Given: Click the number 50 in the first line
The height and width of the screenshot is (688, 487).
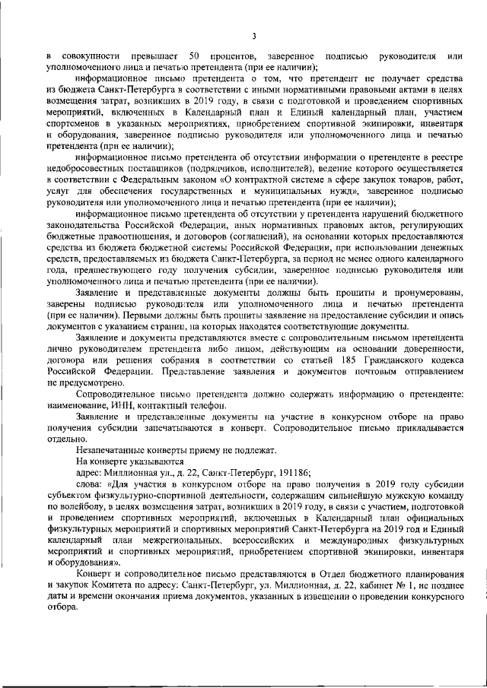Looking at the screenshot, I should (x=194, y=57).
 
